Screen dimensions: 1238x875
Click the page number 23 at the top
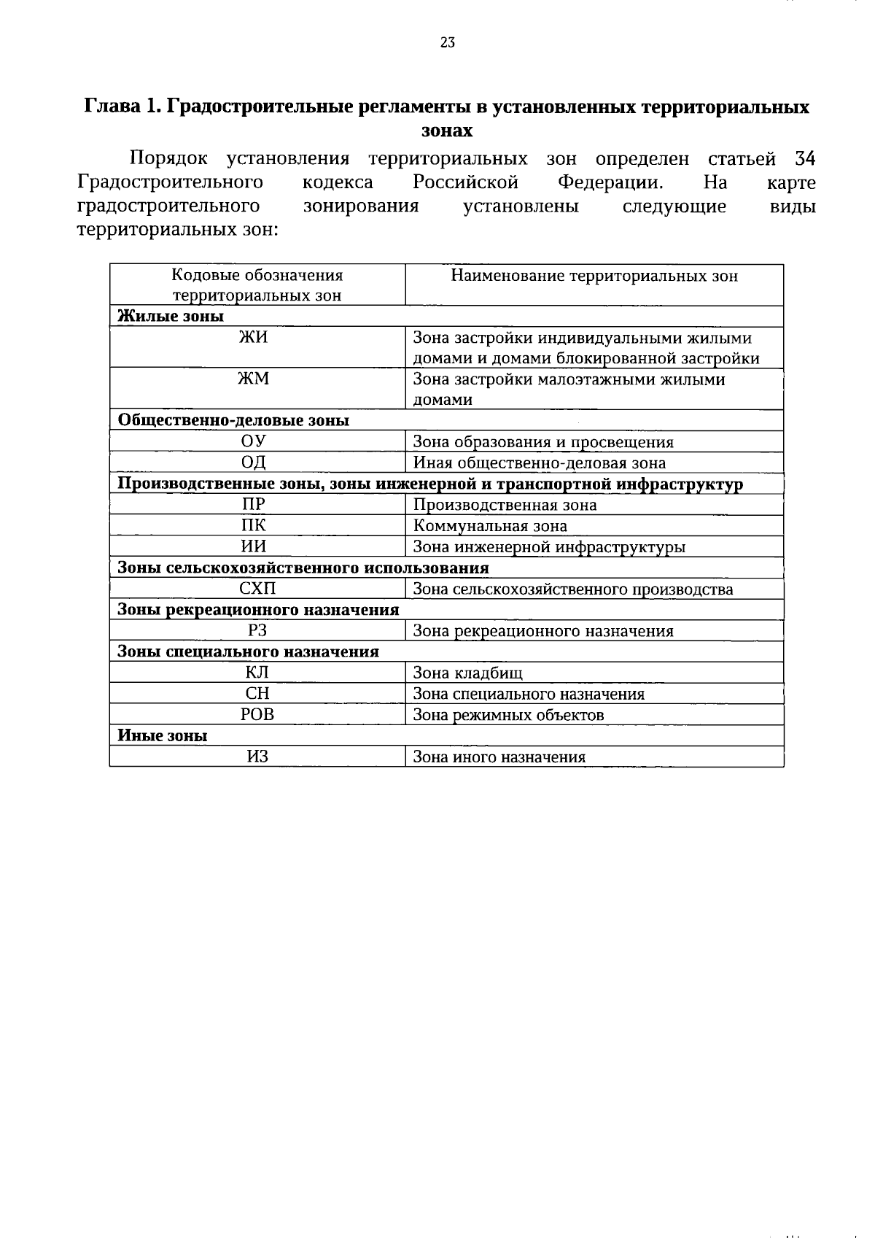pos(448,42)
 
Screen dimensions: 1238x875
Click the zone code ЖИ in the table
pos(257,337)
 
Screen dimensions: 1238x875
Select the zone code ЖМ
pos(257,379)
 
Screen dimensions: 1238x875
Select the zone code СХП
pos(257,589)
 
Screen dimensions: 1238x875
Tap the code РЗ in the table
pos(257,630)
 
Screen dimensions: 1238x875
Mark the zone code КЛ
pos(257,673)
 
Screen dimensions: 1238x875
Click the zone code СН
pos(257,694)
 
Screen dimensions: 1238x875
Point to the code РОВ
pos(257,715)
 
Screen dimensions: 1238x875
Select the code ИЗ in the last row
pos(257,757)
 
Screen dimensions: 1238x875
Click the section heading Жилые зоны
pos(171,316)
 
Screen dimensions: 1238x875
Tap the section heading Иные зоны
pos(163,735)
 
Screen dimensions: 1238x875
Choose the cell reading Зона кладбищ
pos(467,673)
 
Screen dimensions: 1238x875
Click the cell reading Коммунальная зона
pos(490,525)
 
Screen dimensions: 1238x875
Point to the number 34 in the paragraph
pos(804,158)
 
